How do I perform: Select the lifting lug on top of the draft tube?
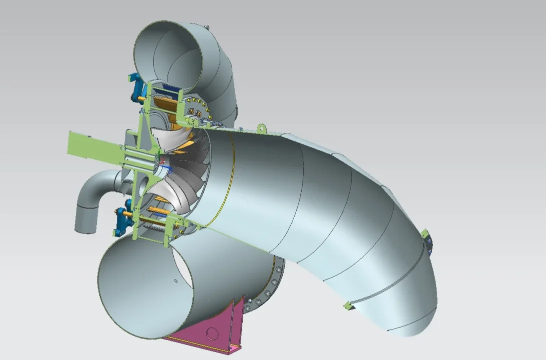[260, 129]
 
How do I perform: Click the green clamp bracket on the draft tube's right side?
[428, 240]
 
